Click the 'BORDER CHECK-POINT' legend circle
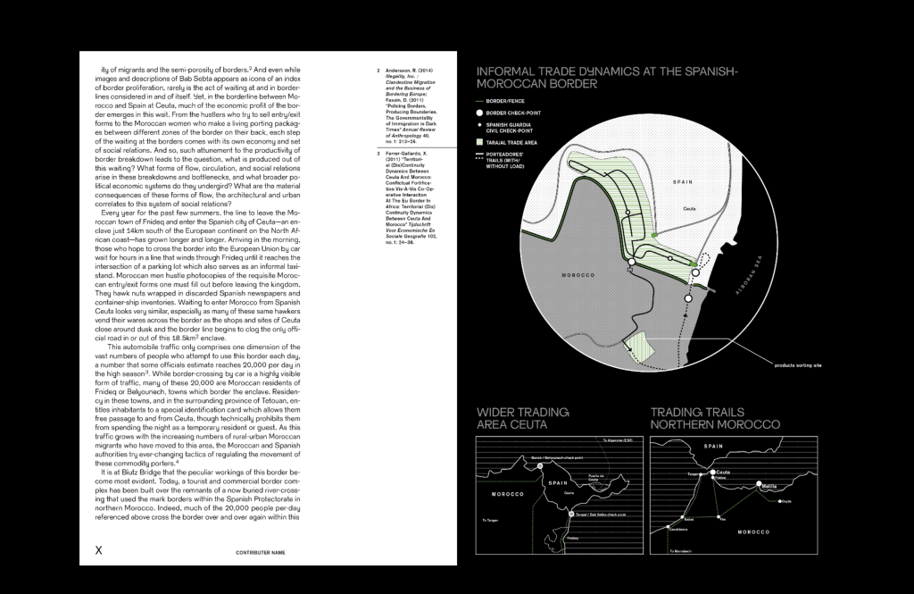coord(480,113)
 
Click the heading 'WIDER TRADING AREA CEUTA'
coord(518,418)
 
